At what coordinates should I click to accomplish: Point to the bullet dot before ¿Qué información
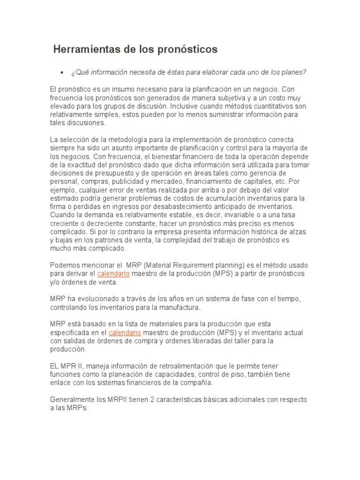(x=61, y=73)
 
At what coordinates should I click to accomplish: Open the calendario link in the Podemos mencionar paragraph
(x=113, y=273)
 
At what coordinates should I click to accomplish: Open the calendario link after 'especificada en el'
(x=125, y=332)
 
